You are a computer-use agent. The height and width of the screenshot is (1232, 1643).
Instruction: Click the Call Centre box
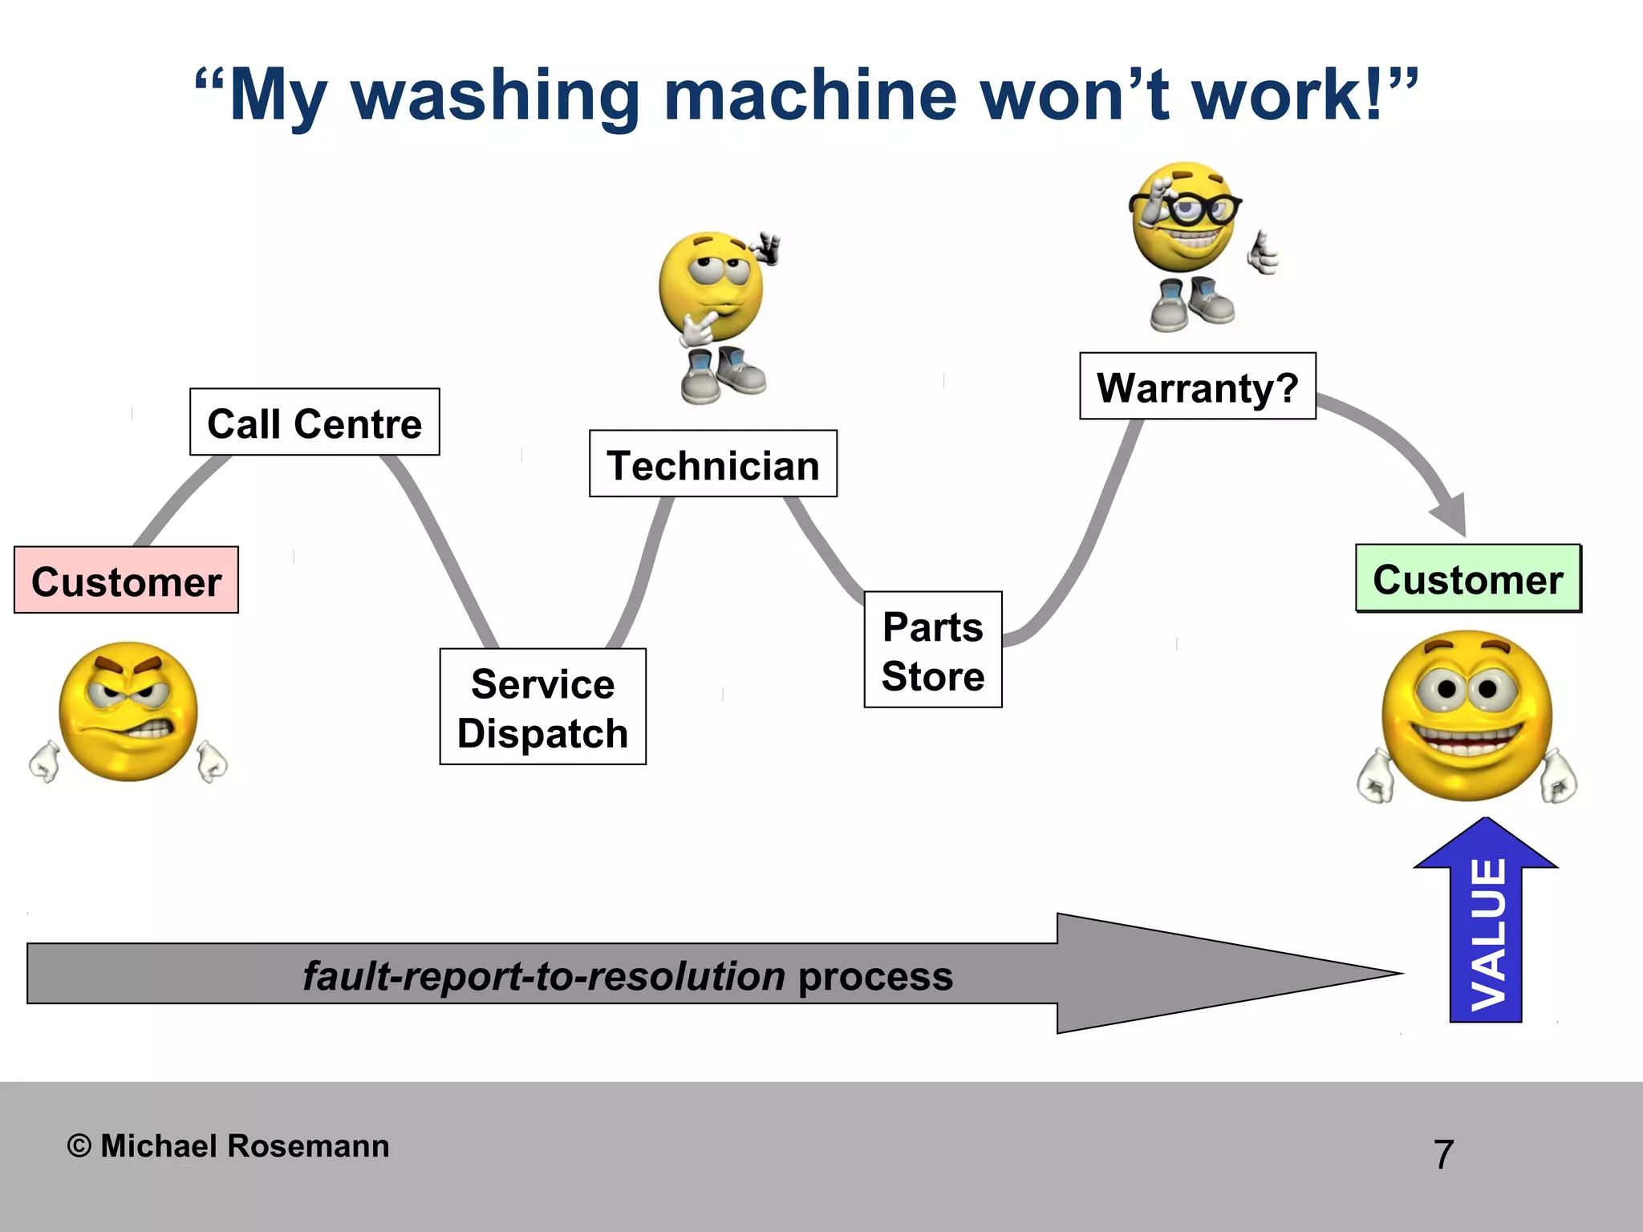314,423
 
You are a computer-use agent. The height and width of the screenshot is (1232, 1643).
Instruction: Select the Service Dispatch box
543,707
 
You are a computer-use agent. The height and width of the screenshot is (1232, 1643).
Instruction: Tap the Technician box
713,464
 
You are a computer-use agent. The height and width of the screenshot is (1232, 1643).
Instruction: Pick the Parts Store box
933,650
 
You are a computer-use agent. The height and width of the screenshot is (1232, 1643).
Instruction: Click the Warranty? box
1198,387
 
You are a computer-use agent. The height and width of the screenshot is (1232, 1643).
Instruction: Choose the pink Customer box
126,581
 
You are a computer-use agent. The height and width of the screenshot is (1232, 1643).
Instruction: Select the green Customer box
1468,578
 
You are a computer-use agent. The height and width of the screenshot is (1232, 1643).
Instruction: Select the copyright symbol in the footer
79,1146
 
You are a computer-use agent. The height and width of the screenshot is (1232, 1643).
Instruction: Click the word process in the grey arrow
875,976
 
